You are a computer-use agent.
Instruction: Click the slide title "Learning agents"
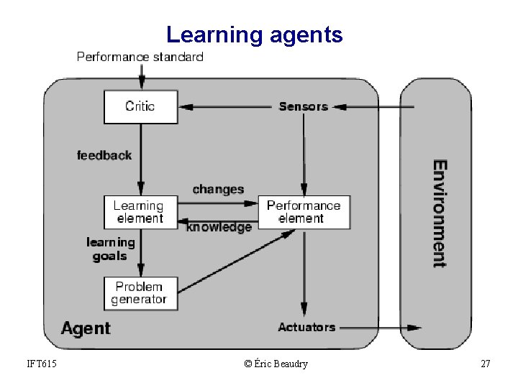click(x=254, y=34)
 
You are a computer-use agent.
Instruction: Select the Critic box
click(x=140, y=106)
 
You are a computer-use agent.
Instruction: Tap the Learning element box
click(x=140, y=212)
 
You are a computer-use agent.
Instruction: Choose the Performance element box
click(x=304, y=212)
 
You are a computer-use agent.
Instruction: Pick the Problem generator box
click(x=140, y=292)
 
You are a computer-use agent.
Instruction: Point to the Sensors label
click(x=303, y=106)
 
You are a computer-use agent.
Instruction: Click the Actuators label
click(x=306, y=327)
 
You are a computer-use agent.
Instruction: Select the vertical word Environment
click(x=440, y=213)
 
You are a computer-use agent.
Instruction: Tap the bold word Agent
click(x=86, y=329)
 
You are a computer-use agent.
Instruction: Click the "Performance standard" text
click(x=140, y=57)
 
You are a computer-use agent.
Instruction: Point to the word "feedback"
click(x=104, y=155)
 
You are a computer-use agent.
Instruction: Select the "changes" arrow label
click(x=218, y=190)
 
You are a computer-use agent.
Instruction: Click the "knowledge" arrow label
click(x=219, y=227)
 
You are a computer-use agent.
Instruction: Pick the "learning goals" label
click(x=110, y=249)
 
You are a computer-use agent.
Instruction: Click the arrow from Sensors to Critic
click(x=227, y=107)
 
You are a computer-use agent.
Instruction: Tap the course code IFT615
click(x=40, y=364)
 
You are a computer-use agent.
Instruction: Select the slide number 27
click(x=485, y=364)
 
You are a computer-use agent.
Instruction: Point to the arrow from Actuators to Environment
click(x=378, y=328)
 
